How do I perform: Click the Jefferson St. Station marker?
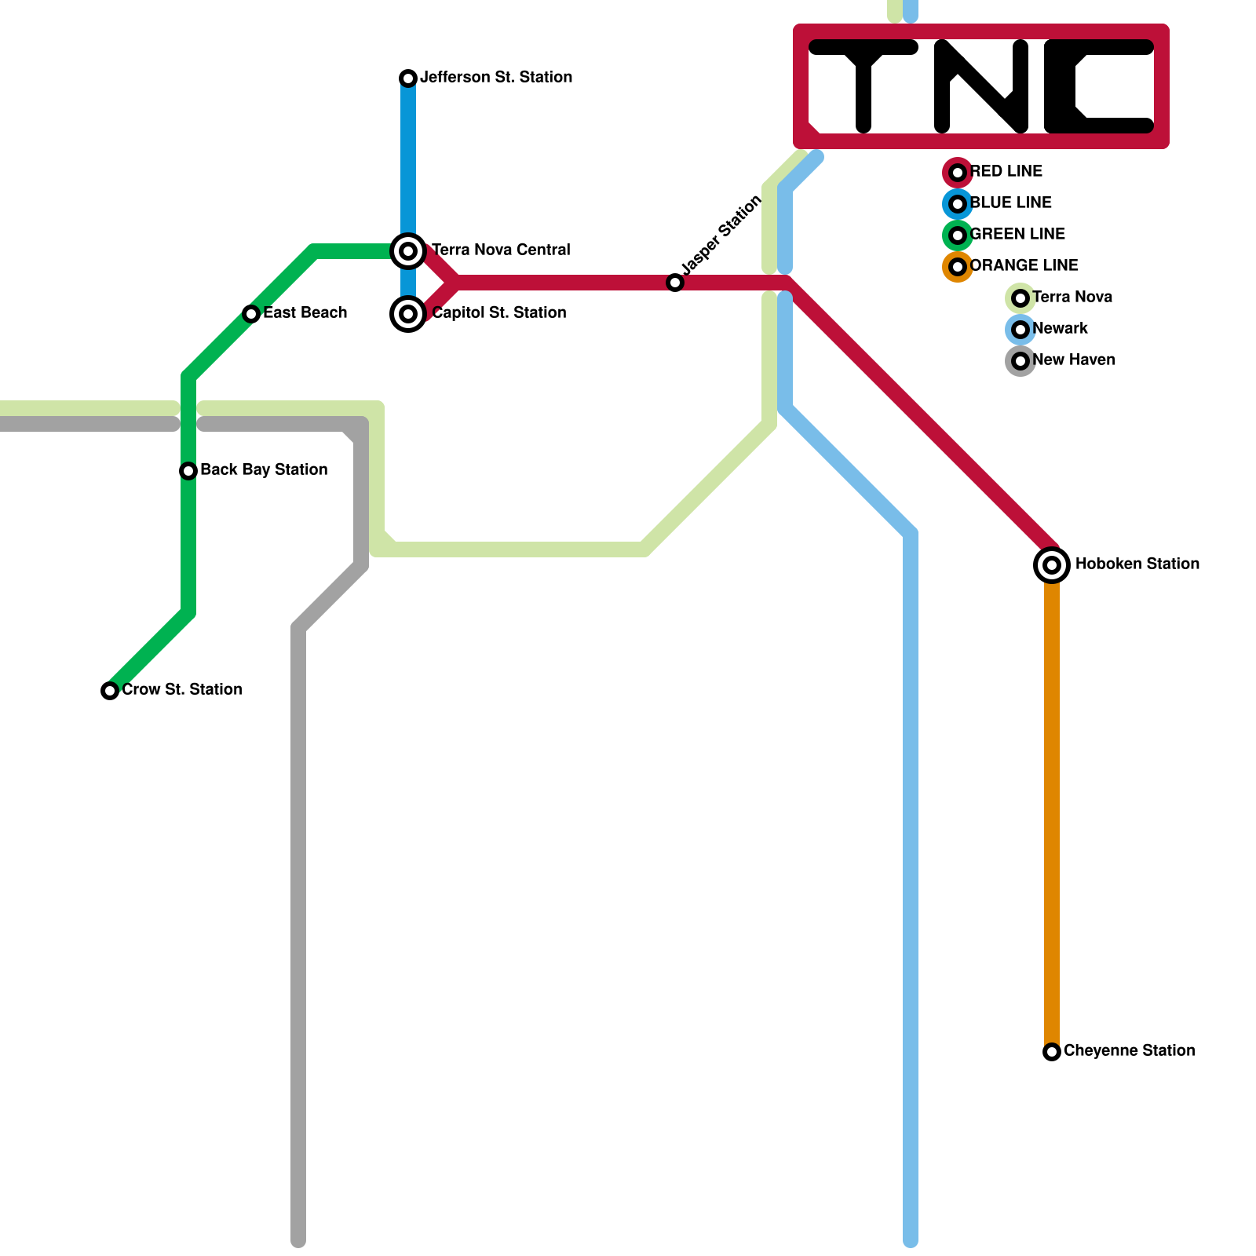click(408, 78)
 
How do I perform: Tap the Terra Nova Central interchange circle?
click(408, 251)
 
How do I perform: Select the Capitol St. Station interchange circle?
click(408, 314)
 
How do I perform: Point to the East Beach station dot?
click(251, 314)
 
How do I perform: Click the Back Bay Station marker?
click(188, 471)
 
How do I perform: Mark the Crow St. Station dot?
click(110, 691)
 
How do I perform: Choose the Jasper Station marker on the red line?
click(675, 283)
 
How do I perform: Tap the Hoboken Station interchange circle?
click(1052, 565)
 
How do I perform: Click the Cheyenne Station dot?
click(1052, 1052)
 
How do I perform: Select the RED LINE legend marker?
click(958, 173)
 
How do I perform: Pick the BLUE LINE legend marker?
click(958, 204)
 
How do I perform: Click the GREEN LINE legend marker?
click(958, 235)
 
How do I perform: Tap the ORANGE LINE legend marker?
click(958, 267)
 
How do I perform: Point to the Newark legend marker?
click(1020, 330)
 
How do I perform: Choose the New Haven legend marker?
click(1020, 361)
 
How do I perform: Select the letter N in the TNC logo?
click(981, 86)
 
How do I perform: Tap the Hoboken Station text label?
click(1137, 564)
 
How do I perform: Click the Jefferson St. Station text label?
click(496, 77)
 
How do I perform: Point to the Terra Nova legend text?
click(1072, 297)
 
